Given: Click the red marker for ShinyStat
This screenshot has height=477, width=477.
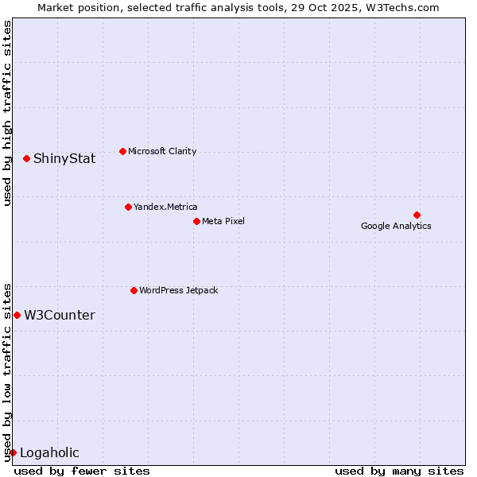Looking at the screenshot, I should pos(26,158).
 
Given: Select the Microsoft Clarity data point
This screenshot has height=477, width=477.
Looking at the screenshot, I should pos(122,151).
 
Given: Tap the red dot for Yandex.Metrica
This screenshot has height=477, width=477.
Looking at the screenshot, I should pos(128,207).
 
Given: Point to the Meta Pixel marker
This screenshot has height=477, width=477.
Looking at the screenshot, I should pos(196,221).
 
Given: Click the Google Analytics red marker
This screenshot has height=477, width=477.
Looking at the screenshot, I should pos(417,215).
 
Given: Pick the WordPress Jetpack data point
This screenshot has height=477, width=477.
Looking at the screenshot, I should pos(134,290).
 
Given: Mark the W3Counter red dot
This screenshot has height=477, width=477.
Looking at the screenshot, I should pos(17,315).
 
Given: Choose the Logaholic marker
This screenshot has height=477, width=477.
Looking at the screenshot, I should pos(13,452).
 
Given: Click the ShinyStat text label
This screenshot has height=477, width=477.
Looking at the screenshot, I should pos(64,159).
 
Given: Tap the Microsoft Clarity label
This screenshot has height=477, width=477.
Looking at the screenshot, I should pos(162,152).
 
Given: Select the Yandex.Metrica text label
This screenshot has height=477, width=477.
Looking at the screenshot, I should pos(165,207).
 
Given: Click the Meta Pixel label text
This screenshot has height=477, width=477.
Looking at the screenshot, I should pos(223,221).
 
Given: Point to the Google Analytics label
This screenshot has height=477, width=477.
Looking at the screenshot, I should pos(396,227).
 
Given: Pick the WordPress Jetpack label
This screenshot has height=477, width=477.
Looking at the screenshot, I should pos(178,291).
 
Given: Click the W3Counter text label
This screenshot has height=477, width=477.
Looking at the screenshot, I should pos(60,316).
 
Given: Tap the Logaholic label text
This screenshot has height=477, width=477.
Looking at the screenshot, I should pos(49,453).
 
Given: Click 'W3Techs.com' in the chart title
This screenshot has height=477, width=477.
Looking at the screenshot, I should pos(405,8).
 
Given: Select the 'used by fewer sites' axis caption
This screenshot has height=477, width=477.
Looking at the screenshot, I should pos(82,471).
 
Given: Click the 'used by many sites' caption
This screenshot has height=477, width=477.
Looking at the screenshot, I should pos(398,471).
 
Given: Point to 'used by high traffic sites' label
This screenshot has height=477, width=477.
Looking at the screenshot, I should pos(7,113).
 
